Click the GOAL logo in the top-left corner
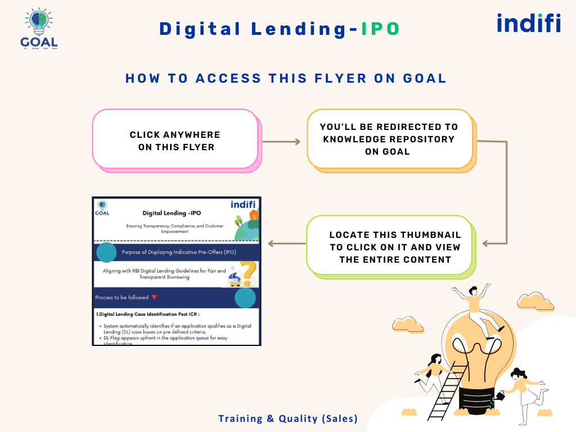[39, 28]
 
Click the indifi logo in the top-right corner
[529, 23]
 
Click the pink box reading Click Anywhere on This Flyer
[175, 139]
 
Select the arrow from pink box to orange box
[282, 142]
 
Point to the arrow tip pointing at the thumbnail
[271, 244]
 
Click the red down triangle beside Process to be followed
[154, 297]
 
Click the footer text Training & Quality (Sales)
[288, 418]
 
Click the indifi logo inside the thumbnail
[244, 204]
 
